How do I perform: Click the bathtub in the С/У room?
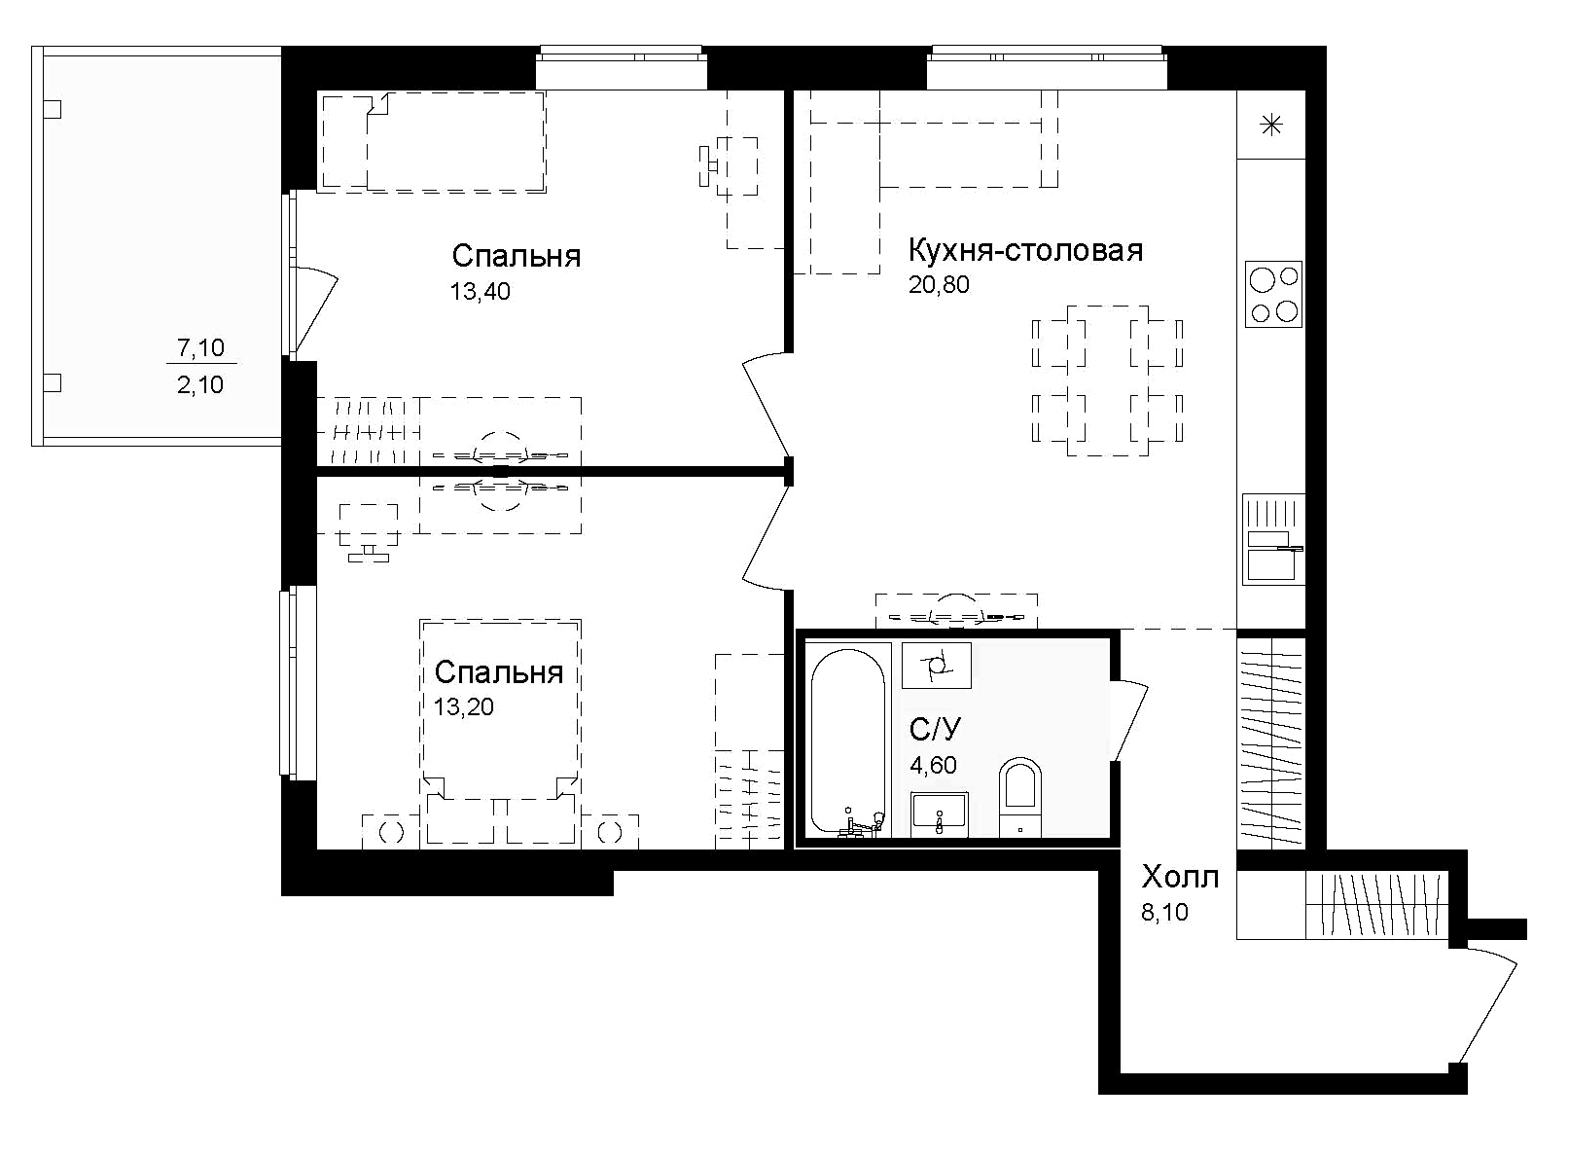848,740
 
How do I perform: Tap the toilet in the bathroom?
1019,796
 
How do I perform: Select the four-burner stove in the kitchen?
1273,294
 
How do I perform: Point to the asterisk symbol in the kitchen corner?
1271,125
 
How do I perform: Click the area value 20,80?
939,285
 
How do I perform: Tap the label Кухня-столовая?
1025,250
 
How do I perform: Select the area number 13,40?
480,291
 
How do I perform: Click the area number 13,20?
463,707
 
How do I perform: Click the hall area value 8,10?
1164,913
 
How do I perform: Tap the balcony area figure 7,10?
200,346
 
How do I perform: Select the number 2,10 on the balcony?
200,385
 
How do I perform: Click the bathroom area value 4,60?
933,766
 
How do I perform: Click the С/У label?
936,730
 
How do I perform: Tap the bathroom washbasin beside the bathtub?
939,814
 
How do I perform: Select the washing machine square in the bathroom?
936,666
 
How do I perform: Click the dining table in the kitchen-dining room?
1107,380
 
